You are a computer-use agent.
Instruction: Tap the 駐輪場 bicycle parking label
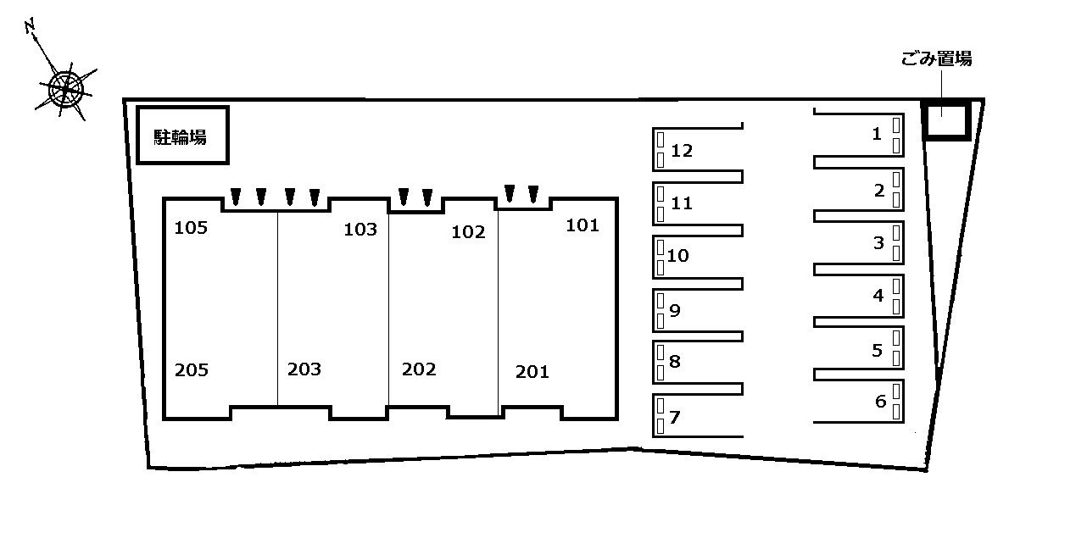point(181,136)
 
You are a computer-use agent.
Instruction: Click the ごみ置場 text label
point(936,58)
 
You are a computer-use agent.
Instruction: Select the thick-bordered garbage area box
point(945,119)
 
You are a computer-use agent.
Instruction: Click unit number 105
point(191,227)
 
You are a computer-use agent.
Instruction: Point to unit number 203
point(304,369)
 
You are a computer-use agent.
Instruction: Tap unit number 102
point(469,232)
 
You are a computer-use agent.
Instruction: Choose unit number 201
point(532,371)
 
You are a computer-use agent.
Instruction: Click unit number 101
point(583,225)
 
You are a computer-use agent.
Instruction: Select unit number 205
point(192,369)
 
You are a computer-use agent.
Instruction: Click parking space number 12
point(682,151)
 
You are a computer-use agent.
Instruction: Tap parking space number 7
point(675,417)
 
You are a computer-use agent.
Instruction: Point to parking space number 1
point(877,133)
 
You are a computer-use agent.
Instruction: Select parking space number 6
point(880,402)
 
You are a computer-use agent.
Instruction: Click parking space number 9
point(675,310)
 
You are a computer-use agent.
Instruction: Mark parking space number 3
point(878,243)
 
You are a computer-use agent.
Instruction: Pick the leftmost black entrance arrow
point(236,197)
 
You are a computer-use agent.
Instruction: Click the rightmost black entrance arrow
point(533,195)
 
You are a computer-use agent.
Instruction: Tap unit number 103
point(360,229)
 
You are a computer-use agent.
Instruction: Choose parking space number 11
point(682,203)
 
